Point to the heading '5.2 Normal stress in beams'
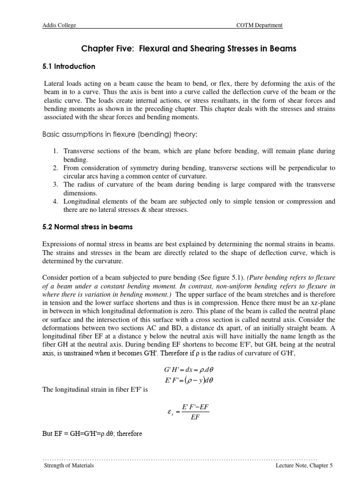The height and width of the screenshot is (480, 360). tap(88, 227)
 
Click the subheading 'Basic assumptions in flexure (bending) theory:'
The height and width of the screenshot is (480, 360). tap(120, 135)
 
